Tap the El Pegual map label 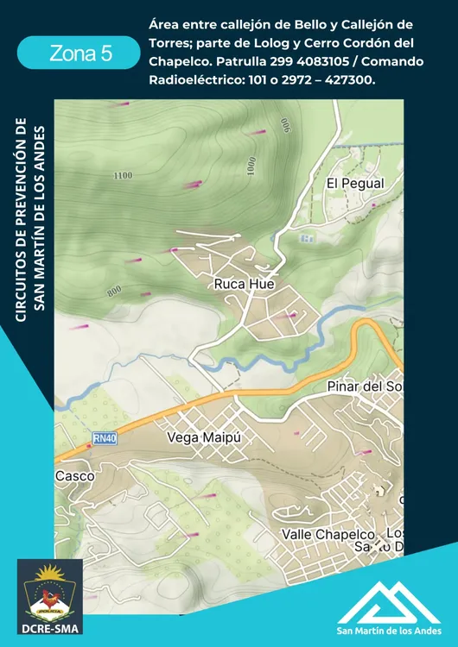[354, 184]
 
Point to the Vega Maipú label [202, 437]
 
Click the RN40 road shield [105, 439]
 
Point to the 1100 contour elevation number [123, 176]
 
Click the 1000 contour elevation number [251, 166]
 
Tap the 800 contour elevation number [114, 292]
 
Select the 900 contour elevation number [284, 126]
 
